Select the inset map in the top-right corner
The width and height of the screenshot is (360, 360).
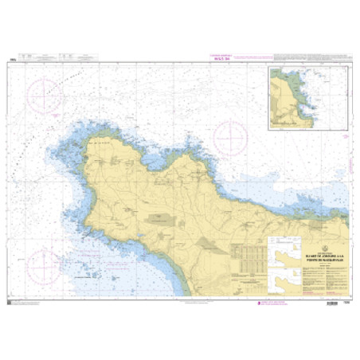(x=307, y=97)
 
